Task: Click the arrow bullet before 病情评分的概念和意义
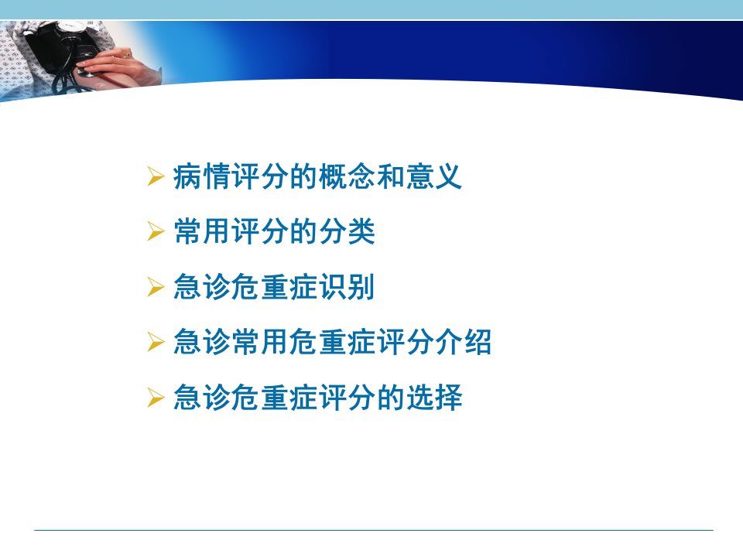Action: [156, 176]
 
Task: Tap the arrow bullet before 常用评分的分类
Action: [156, 231]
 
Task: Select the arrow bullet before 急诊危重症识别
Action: [156, 286]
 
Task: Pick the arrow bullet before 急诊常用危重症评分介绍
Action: [156, 341]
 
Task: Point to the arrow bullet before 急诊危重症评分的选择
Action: [156, 397]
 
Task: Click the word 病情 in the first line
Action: [202, 176]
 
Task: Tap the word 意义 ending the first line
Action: [433, 176]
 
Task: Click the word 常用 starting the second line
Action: [202, 231]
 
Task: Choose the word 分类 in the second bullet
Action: [347, 231]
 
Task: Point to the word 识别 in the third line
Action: [347, 286]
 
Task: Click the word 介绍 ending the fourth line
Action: [463, 341]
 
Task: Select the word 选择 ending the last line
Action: [434, 397]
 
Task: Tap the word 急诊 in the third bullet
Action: [202, 286]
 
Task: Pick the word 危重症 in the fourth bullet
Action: [333, 341]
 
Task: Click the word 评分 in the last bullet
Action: [347, 397]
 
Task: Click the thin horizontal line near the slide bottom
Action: [373, 530]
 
